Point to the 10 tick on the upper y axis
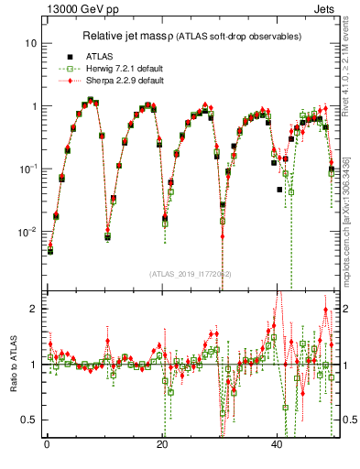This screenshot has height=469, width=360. [x=30, y=43]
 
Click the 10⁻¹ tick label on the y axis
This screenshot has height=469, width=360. [x=27, y=169]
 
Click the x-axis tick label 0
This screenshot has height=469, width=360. [x=46, y=445]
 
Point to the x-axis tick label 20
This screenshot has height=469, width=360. [x=162, y=445]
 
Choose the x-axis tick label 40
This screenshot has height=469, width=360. [x=278, y=445]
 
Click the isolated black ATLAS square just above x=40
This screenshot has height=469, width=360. [x=280, y=190]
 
